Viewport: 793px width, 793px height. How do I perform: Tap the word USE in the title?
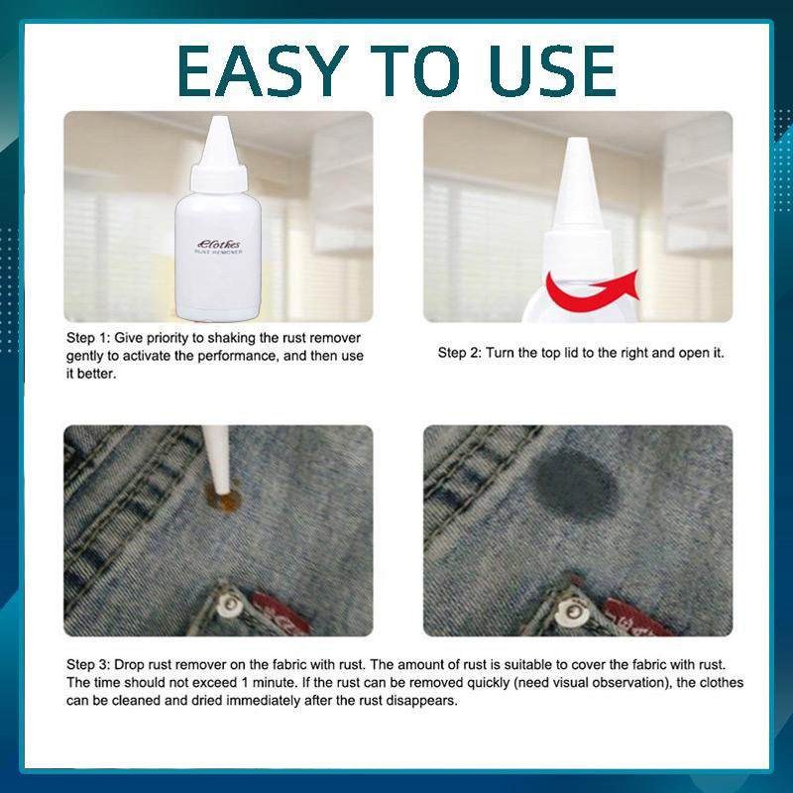coord(552,70)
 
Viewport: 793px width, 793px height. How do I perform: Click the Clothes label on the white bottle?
coord(219,244)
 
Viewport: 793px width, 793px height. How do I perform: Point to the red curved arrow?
coord(592,290)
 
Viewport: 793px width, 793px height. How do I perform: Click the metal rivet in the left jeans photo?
coord(231,604)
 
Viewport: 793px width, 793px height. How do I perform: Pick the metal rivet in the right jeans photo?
coord(574,612)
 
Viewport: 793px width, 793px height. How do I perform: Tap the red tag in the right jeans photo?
coord(634,618)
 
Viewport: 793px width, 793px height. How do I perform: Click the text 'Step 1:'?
coord(88,338)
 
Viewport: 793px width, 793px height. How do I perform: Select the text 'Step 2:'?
coord(460,353)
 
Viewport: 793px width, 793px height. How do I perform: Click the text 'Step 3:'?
coord(88,664)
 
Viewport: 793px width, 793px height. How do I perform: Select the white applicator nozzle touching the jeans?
coord(218,458)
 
